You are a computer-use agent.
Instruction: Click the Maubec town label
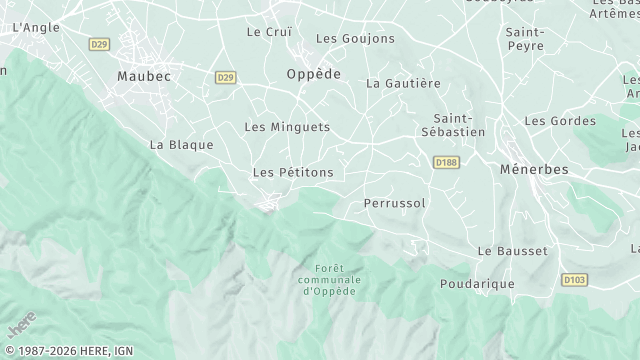(144, 76)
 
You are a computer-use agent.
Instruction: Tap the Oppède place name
(314, 74)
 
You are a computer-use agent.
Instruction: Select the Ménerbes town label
(534, 170)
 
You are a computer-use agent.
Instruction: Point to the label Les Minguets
(287, 127)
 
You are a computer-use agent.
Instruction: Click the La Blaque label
(182, 144)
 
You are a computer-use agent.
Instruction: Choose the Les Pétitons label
(293, 173)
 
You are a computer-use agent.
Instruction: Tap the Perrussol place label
(395, 203)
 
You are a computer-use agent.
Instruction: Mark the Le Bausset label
(513, 250)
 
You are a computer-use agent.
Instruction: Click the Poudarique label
(477, 284)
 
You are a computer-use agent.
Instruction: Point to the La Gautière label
(404, 83)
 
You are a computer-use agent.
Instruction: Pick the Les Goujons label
(342, 38)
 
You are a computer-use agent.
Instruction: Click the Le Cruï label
(269, 31)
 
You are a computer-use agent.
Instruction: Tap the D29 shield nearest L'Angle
(99, 44)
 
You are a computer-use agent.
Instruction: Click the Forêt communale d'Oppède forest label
(330, 280)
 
